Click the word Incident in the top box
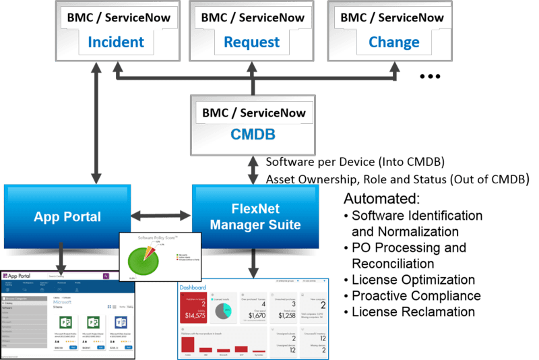[115, 42]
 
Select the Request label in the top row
[251, 42]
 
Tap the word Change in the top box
[394, 42]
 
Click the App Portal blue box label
[67, 217]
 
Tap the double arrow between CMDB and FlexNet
[253, 170]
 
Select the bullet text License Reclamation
[413, 312]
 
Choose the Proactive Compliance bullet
[416, 296]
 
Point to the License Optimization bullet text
[413, 280]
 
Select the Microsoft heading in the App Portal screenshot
[65, 301]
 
